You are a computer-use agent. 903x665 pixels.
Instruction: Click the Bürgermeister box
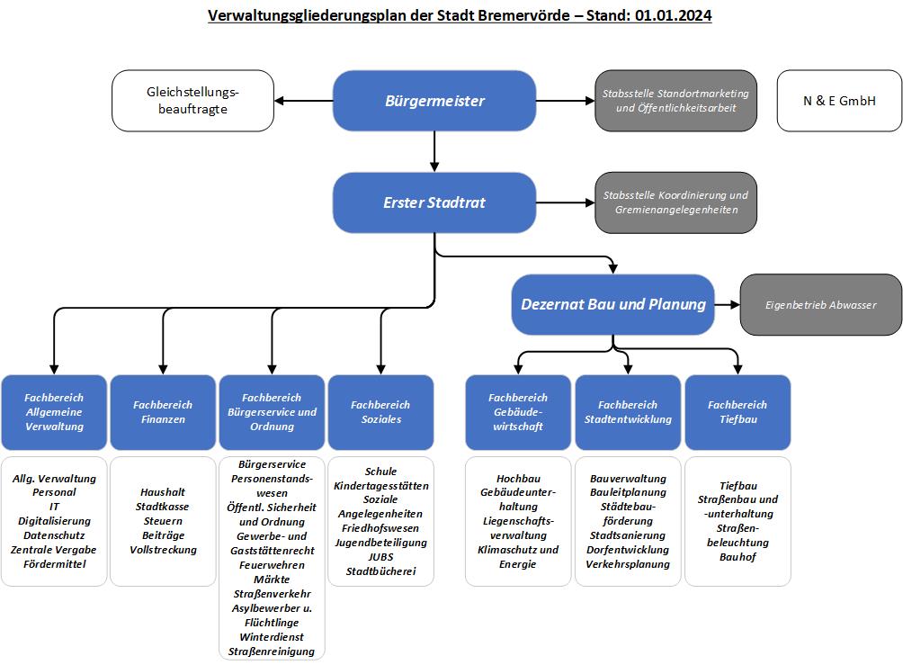(434, 101)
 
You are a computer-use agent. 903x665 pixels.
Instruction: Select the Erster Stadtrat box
(434, 202)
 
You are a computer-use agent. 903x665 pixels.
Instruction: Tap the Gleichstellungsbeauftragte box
(192, 101)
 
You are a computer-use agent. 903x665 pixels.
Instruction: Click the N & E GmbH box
(839, 101)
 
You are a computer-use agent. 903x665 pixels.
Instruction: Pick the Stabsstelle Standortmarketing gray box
(675, 101)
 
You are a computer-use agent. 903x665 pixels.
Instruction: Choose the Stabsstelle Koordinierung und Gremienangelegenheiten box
(675, 202)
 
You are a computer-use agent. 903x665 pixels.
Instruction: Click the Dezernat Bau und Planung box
(613, 304)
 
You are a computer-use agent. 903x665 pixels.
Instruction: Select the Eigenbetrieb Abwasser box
(820, 305)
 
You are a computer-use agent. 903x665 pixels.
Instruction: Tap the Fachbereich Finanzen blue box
(163, 412)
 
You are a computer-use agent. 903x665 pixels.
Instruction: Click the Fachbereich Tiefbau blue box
(738, 412)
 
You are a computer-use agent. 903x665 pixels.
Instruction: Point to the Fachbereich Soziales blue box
(380, 412)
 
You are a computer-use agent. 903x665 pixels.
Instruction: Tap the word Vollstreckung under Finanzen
(163, 550)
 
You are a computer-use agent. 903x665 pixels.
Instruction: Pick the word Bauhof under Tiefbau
(738, 557)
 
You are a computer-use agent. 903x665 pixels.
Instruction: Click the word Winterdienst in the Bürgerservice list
(271, 637)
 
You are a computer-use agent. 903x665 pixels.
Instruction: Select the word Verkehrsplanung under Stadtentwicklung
(628, 564)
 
